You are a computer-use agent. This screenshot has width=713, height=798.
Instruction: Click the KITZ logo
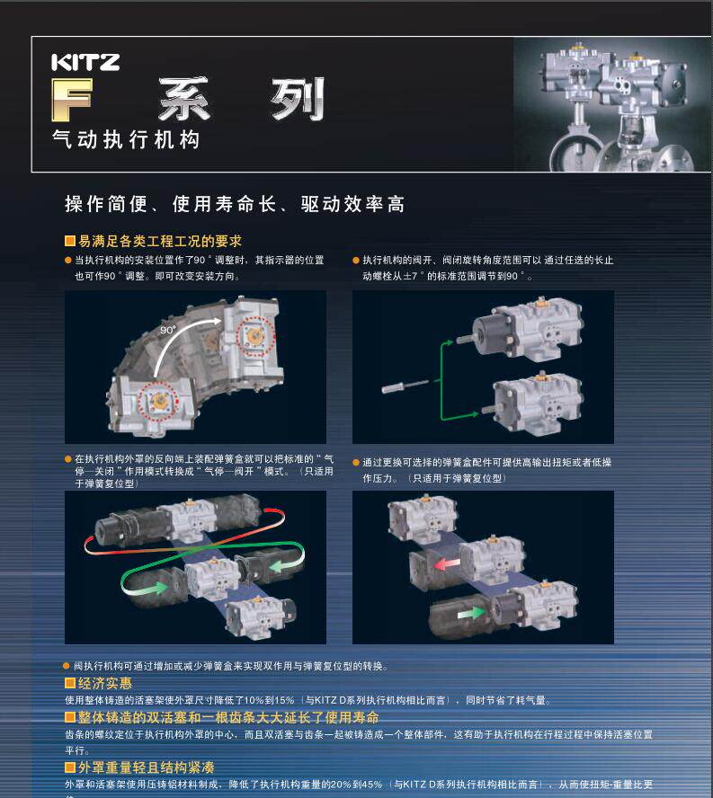[x=85, y=62]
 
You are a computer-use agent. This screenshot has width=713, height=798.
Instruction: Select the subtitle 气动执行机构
[x=125, y=140]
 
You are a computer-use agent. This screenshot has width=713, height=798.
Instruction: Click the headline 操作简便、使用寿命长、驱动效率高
[x=234, y=204]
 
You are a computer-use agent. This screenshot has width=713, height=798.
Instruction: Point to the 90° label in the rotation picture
[x=167, y=331]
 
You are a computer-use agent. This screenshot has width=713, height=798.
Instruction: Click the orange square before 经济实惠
[x=69, y=684]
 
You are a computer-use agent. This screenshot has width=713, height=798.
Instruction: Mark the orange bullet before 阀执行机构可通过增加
[x=67, y=666]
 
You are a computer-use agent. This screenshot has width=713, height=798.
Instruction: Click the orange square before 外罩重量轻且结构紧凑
[x=69, y=767]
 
